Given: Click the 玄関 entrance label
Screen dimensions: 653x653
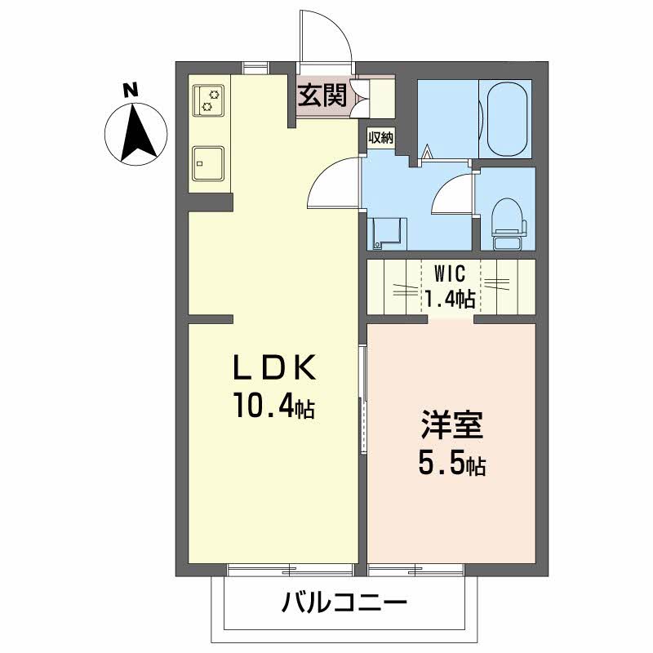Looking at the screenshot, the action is tap(322, 96).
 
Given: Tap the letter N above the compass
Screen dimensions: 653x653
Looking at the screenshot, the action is tap(131, 91).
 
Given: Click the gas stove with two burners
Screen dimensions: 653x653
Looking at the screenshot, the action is tap(208, 100).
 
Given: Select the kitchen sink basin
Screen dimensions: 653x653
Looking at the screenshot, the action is tap(208, 164).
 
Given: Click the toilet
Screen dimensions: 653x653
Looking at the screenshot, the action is tap(509, 223).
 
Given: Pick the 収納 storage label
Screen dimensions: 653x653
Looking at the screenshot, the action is tap(380, 137).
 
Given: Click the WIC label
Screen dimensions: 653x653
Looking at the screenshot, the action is tap(450, 273).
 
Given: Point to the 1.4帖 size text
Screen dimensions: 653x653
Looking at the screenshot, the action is tap(450, 299).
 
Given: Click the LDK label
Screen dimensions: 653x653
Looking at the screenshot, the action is tap(273, 367).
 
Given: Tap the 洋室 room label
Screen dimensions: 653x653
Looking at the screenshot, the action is tap(452, 425).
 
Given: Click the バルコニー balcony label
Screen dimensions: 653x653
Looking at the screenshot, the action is tap(344, 602).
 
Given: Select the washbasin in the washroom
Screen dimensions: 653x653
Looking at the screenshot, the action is tap(387, 233).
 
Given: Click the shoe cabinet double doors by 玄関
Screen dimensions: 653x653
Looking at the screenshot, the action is tap(360, 98).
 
